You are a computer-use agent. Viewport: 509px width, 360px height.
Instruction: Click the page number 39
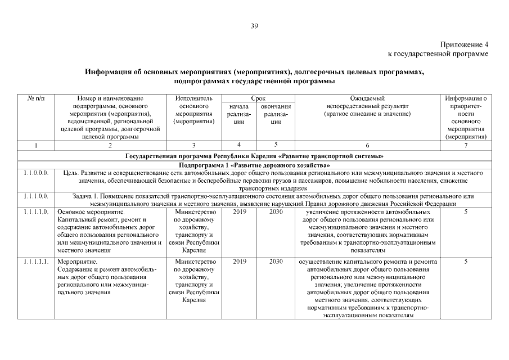254,25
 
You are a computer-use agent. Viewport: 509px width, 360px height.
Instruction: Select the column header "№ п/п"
36,98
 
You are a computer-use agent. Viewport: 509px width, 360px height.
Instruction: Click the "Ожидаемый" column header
367,98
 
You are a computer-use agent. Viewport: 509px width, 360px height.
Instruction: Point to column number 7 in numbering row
466,145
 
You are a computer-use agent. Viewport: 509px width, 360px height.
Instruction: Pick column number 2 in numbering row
110,145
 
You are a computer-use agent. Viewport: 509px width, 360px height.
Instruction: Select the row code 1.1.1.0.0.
36,196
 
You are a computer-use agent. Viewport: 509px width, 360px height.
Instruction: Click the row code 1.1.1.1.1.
36,262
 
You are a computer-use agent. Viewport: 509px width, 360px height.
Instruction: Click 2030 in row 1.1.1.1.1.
276,262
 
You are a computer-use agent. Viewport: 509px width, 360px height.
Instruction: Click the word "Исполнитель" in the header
193,98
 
